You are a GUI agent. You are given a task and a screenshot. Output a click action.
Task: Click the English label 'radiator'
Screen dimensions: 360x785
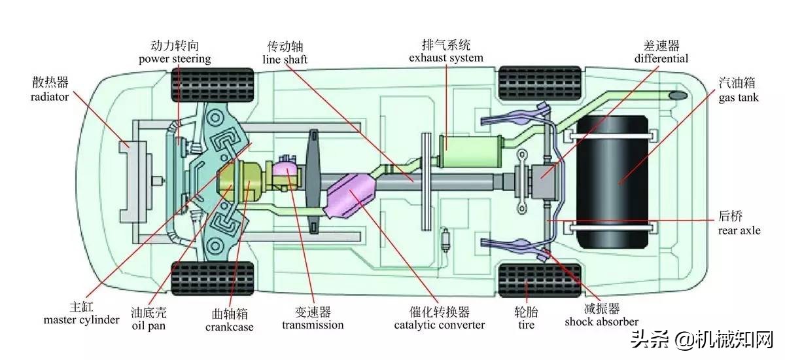coord(50,97)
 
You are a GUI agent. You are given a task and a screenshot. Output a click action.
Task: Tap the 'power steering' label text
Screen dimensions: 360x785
coord(175,59)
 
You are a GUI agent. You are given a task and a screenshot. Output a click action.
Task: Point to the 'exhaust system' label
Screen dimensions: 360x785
coord(446,58)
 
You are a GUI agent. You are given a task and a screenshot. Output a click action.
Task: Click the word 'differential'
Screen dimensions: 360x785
coord(661,58)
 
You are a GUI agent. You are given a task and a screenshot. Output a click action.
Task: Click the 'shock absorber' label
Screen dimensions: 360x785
coord(601,321)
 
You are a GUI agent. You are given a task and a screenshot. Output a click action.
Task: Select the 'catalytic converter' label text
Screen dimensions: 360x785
coord(440,325)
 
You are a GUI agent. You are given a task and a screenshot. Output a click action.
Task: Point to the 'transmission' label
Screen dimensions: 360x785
coord(313,325)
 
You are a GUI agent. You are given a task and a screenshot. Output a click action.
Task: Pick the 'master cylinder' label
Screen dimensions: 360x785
coord(82,320)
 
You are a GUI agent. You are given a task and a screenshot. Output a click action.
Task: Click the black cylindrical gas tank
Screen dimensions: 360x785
coord(612,181)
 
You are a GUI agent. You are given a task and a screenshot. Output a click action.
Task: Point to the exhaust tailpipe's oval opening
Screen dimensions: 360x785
coord(678,96)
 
